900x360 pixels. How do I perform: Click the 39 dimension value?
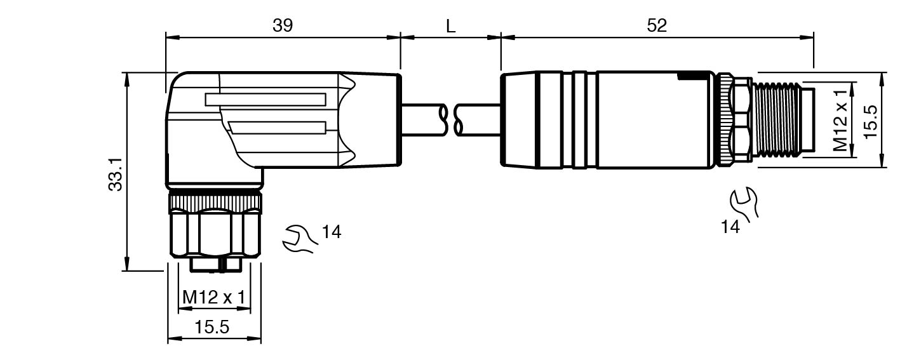click(283, 25)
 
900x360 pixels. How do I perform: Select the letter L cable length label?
click(451, 26)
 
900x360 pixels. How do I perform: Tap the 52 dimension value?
click(657, 25)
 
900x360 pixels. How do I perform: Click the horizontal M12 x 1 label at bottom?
click(214, 297)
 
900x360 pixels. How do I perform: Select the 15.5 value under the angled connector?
click(212, 328)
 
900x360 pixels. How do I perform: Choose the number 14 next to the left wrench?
click(331, 232)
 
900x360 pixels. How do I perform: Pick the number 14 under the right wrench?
click(730, 227)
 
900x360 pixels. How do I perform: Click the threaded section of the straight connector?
click(776, 119)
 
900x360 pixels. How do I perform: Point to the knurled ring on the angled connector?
click(215, 203)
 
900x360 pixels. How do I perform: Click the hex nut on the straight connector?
click(741, 119)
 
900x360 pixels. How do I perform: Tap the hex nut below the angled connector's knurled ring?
click(215, 234)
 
